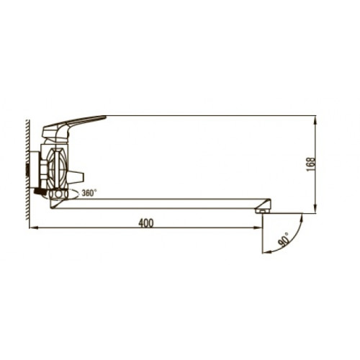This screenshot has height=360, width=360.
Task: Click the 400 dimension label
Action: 145,223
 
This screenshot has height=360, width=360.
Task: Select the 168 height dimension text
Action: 310,164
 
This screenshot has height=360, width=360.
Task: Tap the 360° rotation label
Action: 89,193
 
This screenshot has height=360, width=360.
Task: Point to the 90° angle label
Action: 284,239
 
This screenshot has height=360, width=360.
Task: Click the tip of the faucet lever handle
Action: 105,117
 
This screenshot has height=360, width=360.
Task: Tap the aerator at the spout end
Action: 262,211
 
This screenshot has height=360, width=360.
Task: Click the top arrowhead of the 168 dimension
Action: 315,118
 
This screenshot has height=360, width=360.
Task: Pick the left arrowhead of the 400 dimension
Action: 32,228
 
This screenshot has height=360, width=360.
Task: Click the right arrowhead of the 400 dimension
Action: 258,228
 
